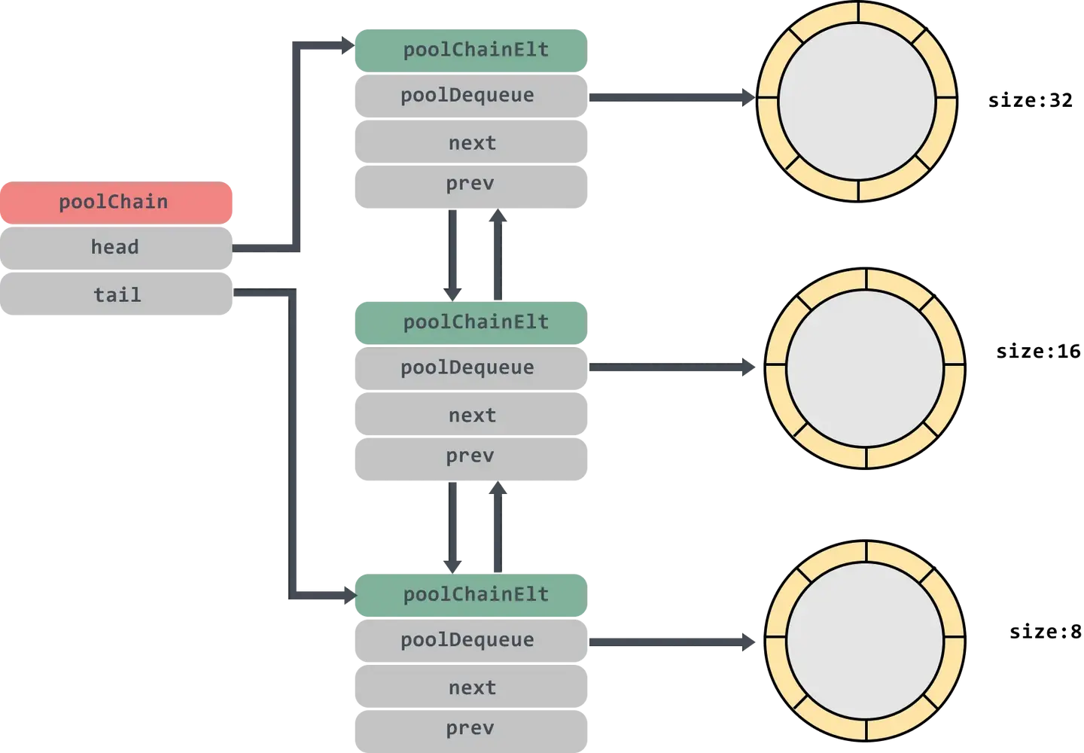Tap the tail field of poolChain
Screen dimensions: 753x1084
click(117, 294)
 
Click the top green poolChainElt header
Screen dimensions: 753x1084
click(470, 50)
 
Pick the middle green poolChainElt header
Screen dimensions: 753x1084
click(470, 322)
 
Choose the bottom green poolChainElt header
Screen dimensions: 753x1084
click(470, 595)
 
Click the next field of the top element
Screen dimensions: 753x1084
click(471, 143)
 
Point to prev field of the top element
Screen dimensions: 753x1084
click(470, 184)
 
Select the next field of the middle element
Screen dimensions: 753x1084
click(471, 416)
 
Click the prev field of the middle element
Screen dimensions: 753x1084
click(470, 456)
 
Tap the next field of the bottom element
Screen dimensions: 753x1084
click(471, 688)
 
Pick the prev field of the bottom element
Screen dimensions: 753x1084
click(470, 728)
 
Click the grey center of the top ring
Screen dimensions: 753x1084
click(857, 102)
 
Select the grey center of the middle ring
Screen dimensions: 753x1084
click(865, 368)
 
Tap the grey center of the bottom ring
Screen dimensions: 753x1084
click(865, 641)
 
